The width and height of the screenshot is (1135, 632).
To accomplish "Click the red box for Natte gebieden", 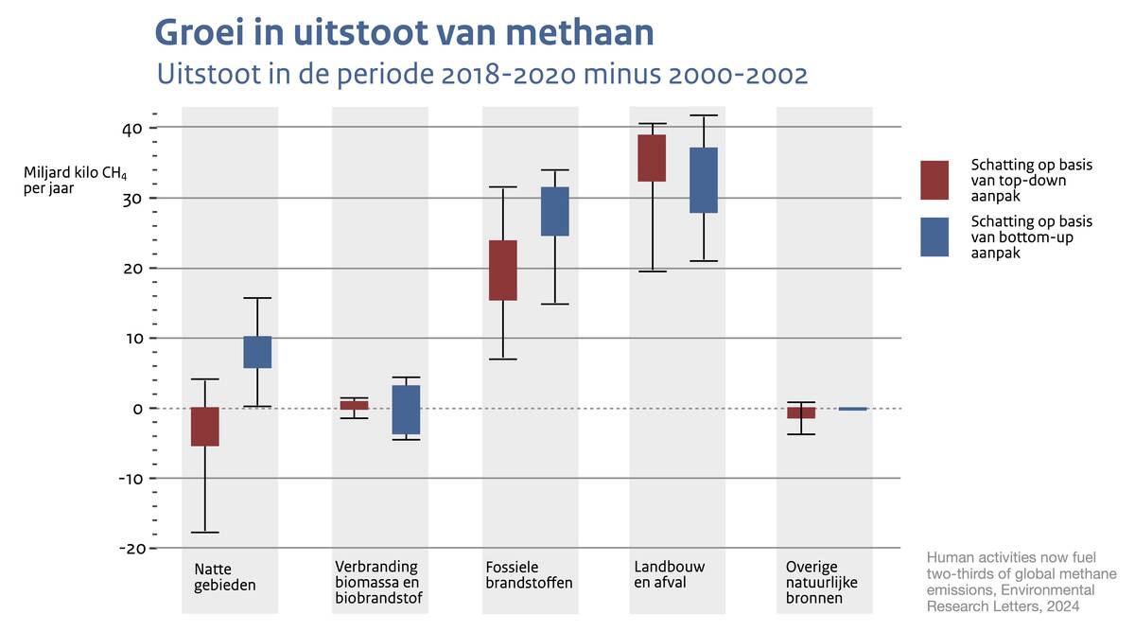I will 205,427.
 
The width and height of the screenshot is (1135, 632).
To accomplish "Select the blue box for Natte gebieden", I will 257,352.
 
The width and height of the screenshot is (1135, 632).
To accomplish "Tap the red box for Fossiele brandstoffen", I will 503,271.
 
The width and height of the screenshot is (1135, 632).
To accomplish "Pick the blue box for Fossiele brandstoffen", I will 555,211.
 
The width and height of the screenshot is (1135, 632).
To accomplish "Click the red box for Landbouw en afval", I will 652,158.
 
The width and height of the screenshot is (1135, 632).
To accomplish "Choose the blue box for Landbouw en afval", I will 704,180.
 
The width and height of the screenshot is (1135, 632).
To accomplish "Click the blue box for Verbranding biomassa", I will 406,410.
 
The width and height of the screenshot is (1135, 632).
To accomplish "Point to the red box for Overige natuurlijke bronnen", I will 801,413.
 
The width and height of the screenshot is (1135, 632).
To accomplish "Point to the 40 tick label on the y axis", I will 131,128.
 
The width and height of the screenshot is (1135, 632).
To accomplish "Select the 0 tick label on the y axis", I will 137,409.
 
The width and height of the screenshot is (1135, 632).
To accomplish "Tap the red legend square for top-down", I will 934,180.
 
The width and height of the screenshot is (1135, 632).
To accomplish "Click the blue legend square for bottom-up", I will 934,237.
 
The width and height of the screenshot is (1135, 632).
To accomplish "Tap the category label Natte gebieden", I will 225,576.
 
